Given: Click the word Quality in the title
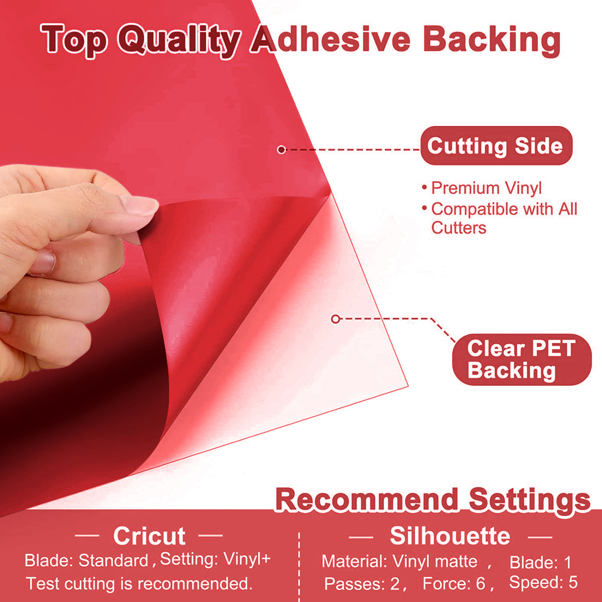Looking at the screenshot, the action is (x=179, y=40).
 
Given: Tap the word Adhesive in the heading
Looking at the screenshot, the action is (x=331, y=39).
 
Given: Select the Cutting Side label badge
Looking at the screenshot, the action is (x=496, y=146).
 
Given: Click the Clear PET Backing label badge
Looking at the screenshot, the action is (x=521, y=359).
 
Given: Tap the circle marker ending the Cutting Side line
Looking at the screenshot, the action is (x=281, y=150).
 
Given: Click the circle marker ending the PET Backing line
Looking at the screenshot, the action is (x=336, y=319).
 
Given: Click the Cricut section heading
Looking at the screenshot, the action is (x=149, y=536).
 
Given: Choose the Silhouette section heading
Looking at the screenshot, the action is (x=450, y=536).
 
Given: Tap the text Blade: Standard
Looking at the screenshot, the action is (x=87, y=561).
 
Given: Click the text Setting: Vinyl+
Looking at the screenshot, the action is (x=215, y=559).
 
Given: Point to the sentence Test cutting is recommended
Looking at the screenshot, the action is (x=139, y=584).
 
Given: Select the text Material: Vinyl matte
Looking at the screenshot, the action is (x=400, y=561).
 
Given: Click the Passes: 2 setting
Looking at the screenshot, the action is (x=362, y=584).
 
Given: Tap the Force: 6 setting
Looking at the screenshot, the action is (x=454, y=584).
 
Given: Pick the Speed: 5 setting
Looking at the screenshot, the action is (x=543, y=582).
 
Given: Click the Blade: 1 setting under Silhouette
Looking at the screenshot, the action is (x=540, y=562).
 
